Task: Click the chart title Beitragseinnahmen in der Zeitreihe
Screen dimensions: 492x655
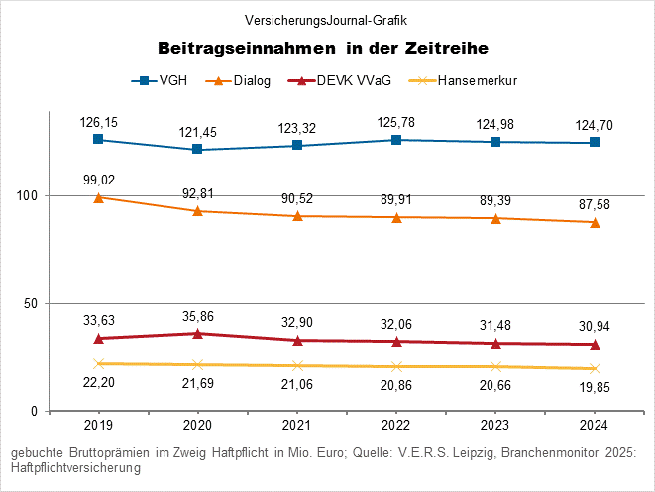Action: coord(327,48)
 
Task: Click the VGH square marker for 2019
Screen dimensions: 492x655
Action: coord(98,139)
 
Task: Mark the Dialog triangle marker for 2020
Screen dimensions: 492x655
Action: coord(197,211)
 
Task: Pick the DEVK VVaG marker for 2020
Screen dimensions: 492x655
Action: coord(197,333)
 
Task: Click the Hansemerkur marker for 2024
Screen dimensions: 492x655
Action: coord(595,368)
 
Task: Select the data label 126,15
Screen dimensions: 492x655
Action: coord(98,122)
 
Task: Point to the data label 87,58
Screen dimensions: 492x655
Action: coord(595,205)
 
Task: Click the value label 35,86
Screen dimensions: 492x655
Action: coord(197,316)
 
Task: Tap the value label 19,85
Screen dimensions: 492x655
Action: coord(595,386)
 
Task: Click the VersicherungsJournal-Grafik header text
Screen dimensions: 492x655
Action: coord(327,20)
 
